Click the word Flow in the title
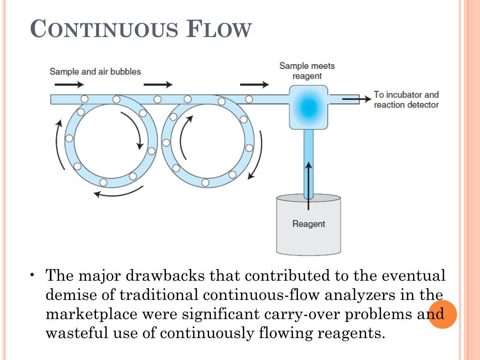tap(219, 30)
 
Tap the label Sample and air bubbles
tap(95, 72)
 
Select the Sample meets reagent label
tap(307, 71)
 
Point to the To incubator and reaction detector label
tap(406, 99)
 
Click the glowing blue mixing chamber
tap(307, 107)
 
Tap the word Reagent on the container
tap(308, 224)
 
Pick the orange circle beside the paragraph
tap(442, 314)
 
